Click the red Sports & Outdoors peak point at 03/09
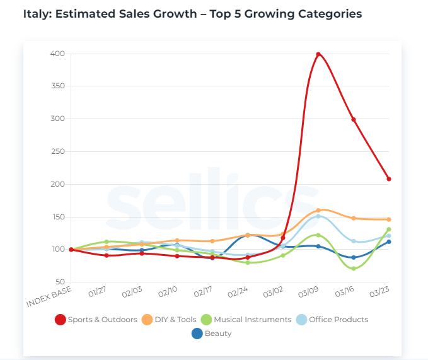[x=318, y=54]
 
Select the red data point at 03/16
[x=354, y=119]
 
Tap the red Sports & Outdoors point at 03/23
[x=389, y=179]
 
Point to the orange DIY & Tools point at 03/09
[x=318, y=210]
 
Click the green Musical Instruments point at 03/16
[x=354, y=269]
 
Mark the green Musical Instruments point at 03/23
[x=389, y=229]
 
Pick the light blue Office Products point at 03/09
[x=318, y=216]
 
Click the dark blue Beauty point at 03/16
[x=354, y=257]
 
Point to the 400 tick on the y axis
[x=57, y=54]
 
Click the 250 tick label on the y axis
[x=57, y=151]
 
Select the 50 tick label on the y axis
[x=59, y=282]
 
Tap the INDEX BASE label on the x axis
[x=49, y=297]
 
